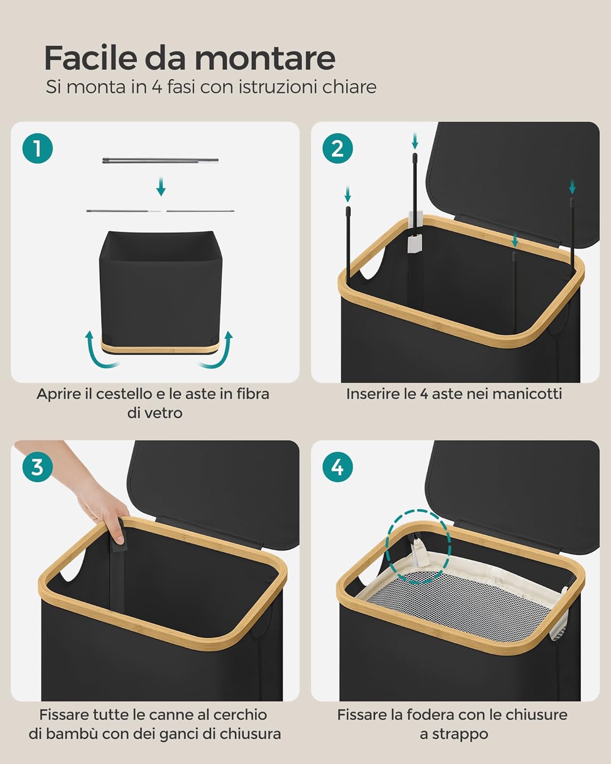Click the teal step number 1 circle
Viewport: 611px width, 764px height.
pyautogui.click(x=37, y=148)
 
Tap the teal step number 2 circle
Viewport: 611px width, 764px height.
pyautogui.click(x=338, y=148)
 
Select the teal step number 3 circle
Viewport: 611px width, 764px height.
pyautogui.click(x=37, y=467)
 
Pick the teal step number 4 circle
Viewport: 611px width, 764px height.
pyautogui.click(x=338, y=467)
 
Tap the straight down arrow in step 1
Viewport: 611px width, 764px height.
pyautogui.click(x=161, y=186)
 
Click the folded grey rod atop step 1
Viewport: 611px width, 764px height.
pyautogui.click(x=160, y=160)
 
